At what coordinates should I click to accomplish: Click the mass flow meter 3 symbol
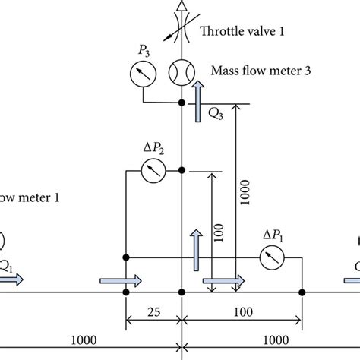[x=182, y=73]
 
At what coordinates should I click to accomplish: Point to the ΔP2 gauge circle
[x=154, y=171]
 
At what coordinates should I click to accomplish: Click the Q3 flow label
[x=216, y=114]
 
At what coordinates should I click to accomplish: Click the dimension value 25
[x=153, y=313]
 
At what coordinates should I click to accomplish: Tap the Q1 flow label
[x=6, y=266]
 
